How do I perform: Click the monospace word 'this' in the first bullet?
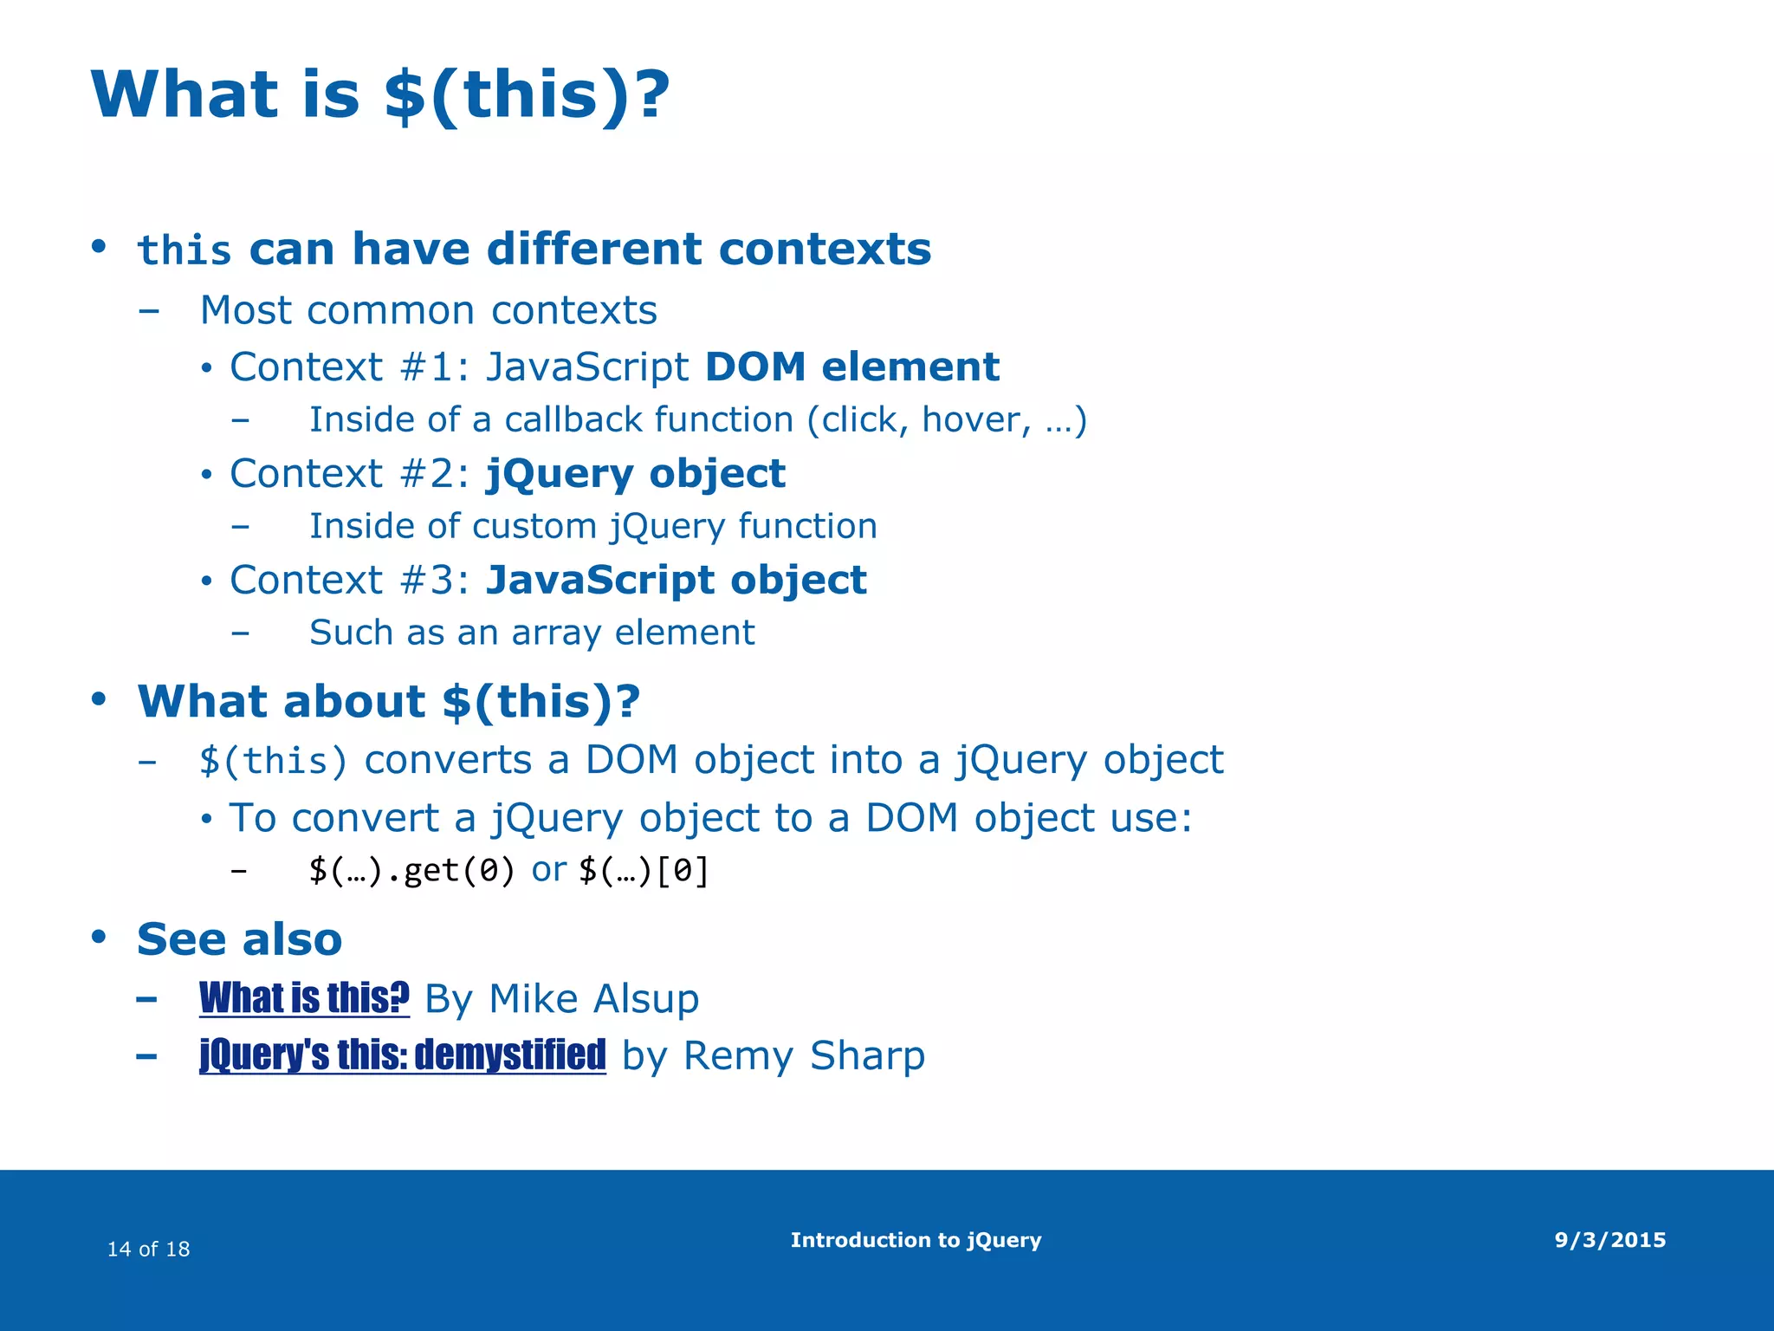click(x=184, y=251)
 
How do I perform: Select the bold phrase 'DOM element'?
click(x=851, y=367)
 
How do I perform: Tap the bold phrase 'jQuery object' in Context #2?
click(x=635, y=474)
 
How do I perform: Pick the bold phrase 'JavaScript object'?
click(x=676, y=580)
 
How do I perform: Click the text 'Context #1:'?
click(x=349, y=367)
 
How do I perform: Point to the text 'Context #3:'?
click(x=349, y=581)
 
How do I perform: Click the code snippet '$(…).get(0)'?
click(x=411, y=870)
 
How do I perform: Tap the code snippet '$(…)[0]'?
click(x=644, y=870)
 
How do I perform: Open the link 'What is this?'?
click(x=304, y=998)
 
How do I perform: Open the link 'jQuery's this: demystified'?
click(x=402, y=1055)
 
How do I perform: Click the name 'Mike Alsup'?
click(x=593, y=999)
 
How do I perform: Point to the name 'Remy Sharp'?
click(x=804, y=1056)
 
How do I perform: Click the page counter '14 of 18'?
click(x=148, y=1249)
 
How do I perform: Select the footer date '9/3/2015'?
click(x=1609, y=1240)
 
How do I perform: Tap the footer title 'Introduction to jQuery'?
click(x=916, y=1240)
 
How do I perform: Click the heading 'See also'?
click(x=239, y=939)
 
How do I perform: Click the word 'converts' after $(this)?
click(x=448, y=761)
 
